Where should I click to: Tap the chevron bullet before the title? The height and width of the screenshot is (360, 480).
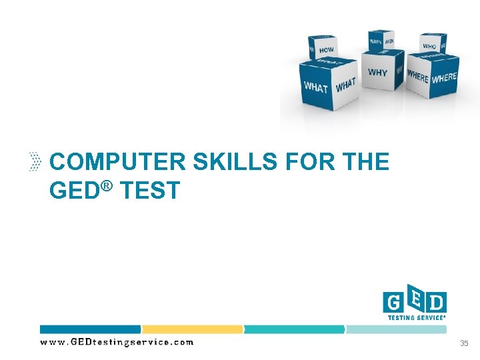pyautogui.click(x=37, y=162)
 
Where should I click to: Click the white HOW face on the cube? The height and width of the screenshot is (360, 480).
pyautogui.click(x=326, y=50)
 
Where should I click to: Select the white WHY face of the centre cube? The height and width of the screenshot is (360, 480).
pyautogui.click(x=377, y=72)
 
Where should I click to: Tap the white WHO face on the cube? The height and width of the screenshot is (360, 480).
pyautogui.click(x=430, y=45)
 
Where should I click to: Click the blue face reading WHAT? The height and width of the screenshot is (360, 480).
pyautogui.click(x=316, y=87)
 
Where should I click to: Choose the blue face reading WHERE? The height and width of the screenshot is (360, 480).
pyautogui.click(x=417, y=77)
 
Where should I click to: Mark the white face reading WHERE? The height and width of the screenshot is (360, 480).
pyautogui.click(x=444, y=78)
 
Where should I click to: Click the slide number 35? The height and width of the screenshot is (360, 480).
pyautogui.click(x=464, y=343)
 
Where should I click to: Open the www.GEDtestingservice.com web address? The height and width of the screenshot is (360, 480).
pyautogui.click(x=117, y=343)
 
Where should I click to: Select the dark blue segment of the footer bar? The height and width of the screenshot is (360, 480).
pyautogui.click(x=90, y=329)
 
